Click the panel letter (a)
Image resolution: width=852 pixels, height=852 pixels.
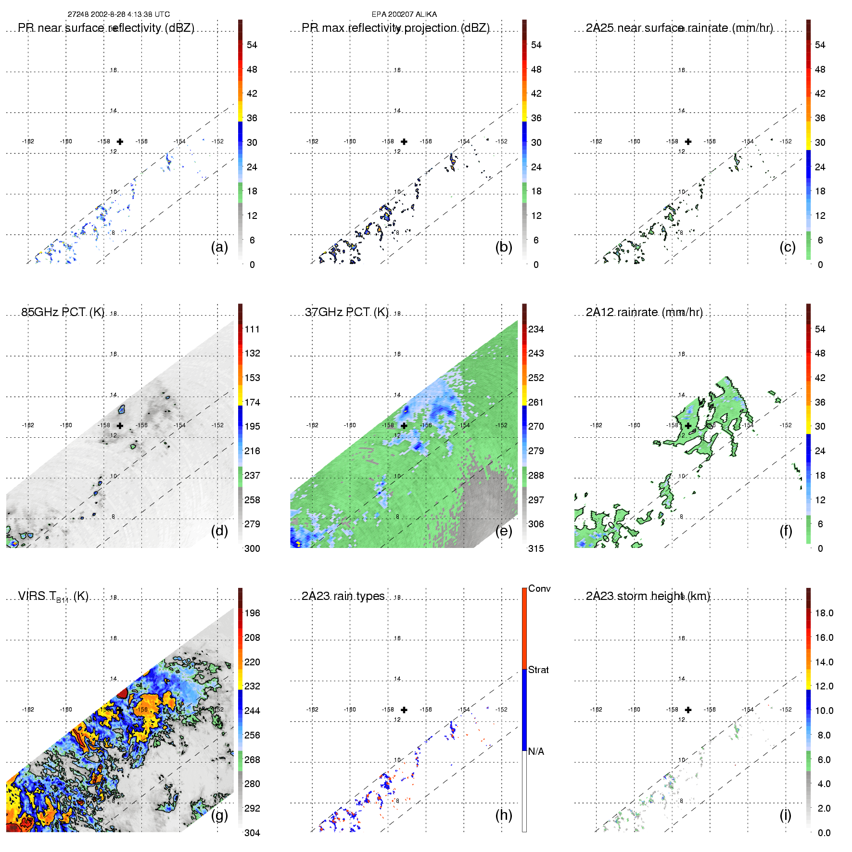219,247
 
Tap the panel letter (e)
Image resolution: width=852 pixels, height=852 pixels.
503,531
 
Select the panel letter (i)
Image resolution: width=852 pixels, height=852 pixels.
785,815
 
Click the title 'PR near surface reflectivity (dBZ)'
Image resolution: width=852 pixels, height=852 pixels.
106,28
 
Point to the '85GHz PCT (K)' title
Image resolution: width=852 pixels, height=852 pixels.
63,312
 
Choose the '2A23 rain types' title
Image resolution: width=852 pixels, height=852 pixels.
343,596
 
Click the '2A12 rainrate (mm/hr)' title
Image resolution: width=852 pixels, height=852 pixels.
644,312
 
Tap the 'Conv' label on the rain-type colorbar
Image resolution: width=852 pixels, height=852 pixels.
539,588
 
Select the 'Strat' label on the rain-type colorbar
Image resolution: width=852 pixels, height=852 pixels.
538,670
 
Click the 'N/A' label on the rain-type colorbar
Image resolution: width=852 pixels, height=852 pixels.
536,751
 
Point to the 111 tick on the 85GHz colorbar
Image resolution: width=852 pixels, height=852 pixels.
252,329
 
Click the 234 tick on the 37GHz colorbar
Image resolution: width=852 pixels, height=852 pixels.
536,329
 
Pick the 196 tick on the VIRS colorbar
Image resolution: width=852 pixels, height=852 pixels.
252,613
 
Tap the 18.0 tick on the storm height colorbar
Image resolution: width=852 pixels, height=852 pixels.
824,613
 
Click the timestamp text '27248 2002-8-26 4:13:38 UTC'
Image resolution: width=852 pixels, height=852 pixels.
118,14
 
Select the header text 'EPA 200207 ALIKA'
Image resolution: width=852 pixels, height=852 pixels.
404,14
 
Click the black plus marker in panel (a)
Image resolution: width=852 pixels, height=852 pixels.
120,141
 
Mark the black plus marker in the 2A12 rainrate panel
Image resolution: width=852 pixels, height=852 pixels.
688,426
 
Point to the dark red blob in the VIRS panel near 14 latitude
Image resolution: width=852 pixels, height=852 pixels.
122,693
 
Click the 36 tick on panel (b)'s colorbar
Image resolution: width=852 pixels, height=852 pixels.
536,118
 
